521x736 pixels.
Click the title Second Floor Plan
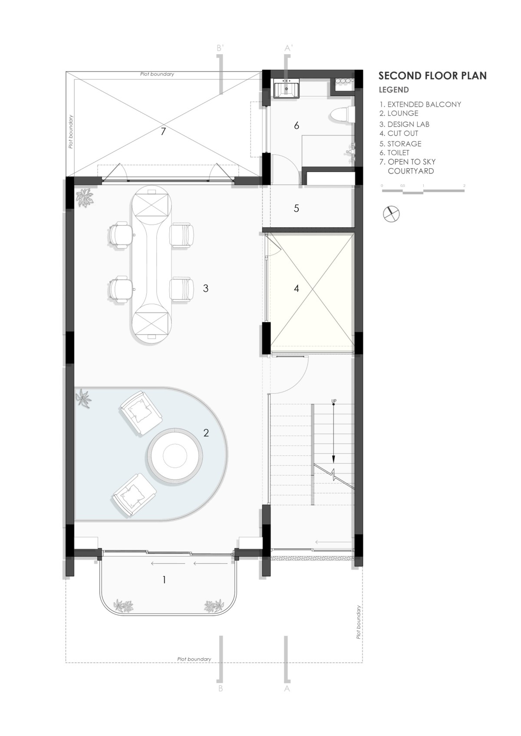point(432,76)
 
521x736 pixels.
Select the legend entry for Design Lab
point(404,124)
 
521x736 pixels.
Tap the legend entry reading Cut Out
point(399,134)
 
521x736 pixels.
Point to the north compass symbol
point(392,214)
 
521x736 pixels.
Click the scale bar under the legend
point(423,190)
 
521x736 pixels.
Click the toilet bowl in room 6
point(342,114)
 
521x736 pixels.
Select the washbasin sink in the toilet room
point(287,88)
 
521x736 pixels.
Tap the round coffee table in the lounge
point(175,455)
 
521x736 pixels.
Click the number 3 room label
point(205,288)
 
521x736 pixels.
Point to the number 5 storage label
point(297,208)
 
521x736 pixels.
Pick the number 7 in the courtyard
point(163,131)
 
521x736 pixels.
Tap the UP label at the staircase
point(334,401)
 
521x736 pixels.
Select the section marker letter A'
point(288,48)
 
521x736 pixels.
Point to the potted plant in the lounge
point(83,399)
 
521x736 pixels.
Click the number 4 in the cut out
point(297,288)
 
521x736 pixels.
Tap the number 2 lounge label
point(206,433)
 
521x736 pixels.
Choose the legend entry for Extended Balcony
point(420,105)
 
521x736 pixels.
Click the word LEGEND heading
point(394,90)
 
